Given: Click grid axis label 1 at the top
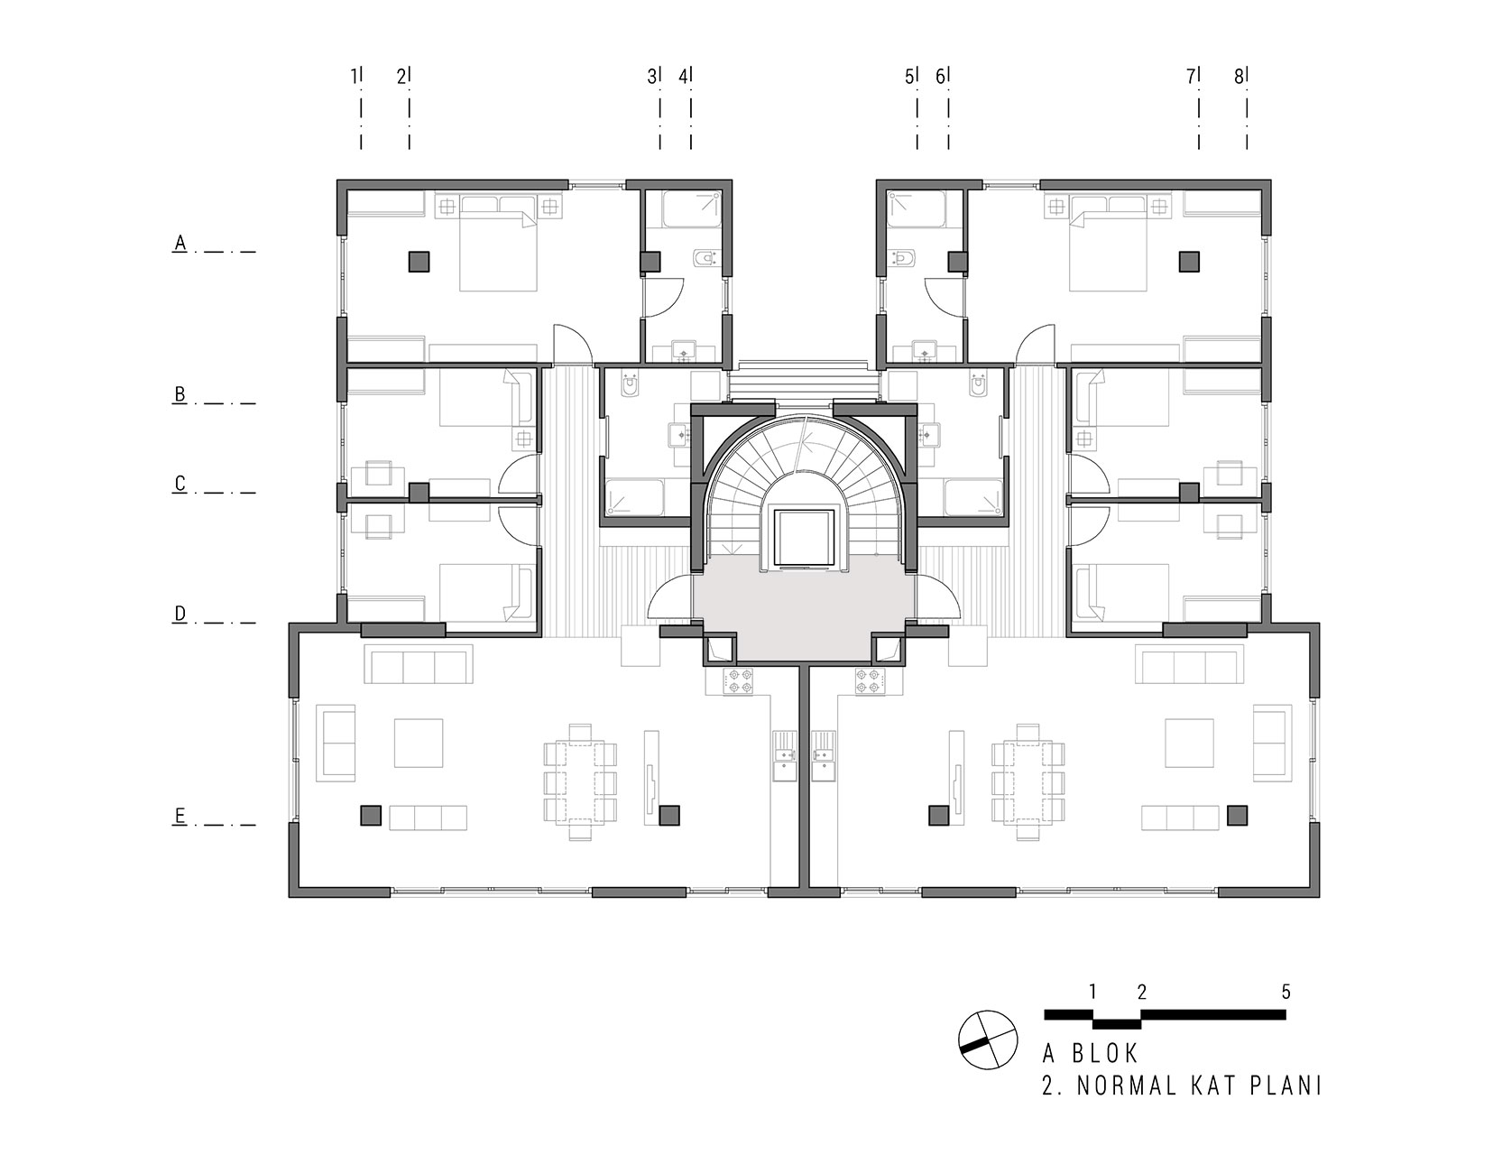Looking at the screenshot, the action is point(354,77).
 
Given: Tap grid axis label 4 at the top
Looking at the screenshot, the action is point(683,77).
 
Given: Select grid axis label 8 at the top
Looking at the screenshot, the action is point(1239,77).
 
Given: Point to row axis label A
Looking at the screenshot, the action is point(180,243).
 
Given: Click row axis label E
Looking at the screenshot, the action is point(180,816).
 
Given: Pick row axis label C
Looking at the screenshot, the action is point(180,484).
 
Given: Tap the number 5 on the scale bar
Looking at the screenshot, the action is point(1286,992).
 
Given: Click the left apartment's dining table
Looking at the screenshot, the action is point(581,781).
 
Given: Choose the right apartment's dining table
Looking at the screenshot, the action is point(1028,781).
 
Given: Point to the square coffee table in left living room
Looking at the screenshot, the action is point(419,743).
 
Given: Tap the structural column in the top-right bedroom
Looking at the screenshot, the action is point(1189,262).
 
